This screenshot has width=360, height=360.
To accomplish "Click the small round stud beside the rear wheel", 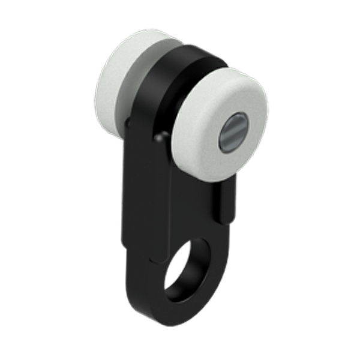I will (128, 122).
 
